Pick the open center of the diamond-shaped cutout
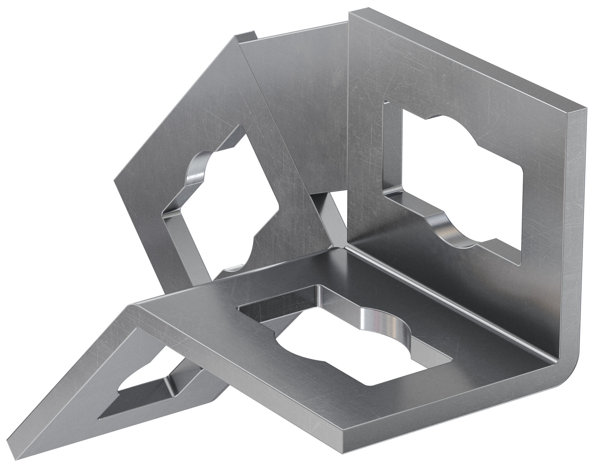(221, 210)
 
